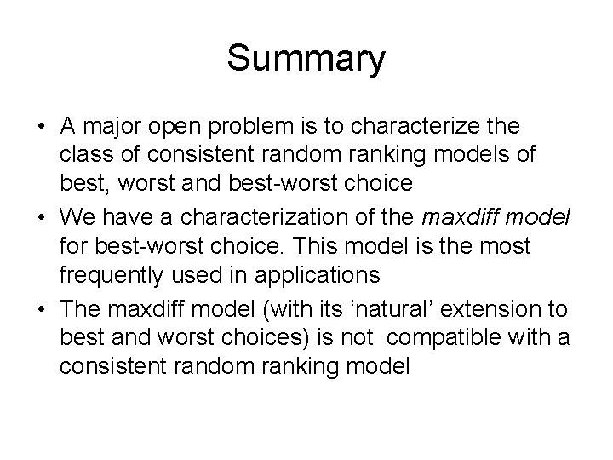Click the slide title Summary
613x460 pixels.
point(306,60)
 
